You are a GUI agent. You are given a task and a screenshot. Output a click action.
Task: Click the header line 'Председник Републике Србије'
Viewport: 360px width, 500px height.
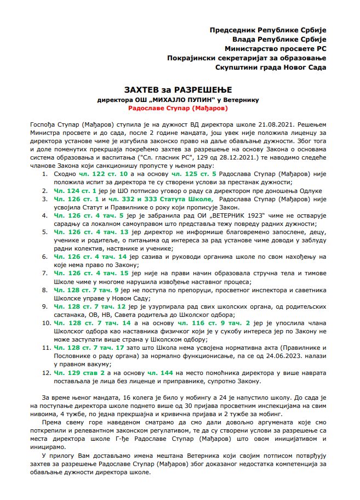coord(268,29)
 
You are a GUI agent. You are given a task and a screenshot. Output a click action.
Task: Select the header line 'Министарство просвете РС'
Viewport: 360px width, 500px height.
coord(276,48)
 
